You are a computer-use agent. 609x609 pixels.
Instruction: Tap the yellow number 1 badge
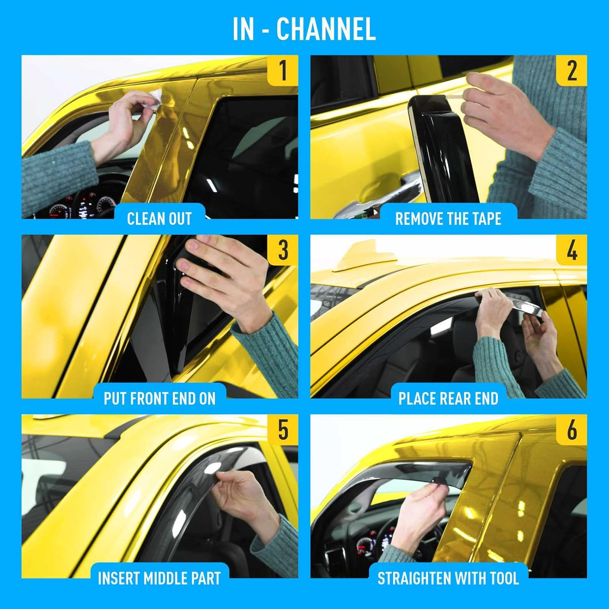(283, 70)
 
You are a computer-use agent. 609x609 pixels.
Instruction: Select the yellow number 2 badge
(572, 70)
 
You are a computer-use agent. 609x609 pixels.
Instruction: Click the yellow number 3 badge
(283, 250)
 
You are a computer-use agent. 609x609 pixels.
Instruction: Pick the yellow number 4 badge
(572, 250)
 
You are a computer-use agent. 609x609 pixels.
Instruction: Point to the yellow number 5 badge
(283, 430)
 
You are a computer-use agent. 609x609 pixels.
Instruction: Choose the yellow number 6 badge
(572, 430)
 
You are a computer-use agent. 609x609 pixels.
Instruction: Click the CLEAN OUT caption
(159, 219)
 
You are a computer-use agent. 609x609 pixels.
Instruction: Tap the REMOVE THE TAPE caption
(448, 219)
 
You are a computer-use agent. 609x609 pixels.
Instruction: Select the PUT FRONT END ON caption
(160, 399)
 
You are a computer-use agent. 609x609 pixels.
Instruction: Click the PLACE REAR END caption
(448, 399)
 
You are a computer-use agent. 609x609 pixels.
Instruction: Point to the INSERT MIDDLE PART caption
(159, 579)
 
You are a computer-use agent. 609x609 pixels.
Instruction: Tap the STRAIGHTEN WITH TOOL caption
(448, 579)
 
